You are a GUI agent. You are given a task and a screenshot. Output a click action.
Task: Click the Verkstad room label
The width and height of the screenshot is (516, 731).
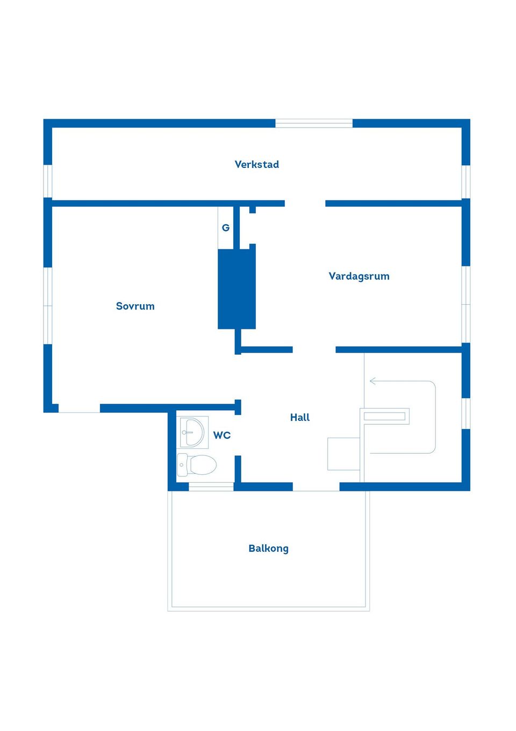click(257, 164)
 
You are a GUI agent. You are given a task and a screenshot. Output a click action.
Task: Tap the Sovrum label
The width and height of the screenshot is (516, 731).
click(135, 306)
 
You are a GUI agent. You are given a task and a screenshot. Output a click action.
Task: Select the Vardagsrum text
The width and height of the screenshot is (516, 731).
click(359, 276)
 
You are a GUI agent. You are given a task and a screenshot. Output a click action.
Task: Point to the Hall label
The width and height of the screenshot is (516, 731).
click(300, 417)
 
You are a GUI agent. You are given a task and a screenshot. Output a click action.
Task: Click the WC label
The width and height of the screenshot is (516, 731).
click(222, 435)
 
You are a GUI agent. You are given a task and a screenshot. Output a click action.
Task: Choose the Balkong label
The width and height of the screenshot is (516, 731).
click(268, 549)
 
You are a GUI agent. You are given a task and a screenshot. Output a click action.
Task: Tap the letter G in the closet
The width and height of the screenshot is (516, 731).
click(226, 228)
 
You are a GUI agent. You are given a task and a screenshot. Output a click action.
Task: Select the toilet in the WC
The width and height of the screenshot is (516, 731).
click(196, 465)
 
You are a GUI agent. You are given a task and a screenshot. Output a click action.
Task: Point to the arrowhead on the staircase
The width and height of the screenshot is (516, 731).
click(372, 381)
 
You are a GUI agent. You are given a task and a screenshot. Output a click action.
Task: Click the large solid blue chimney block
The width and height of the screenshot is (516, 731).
click(237, 289)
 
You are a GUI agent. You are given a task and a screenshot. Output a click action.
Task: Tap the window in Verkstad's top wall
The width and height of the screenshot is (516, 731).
click(314, 123)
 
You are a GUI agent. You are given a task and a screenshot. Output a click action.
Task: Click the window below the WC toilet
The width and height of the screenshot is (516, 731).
click(211, 487)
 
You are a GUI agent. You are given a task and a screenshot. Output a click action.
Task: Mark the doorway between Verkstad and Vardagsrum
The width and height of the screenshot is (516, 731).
click(305, 203)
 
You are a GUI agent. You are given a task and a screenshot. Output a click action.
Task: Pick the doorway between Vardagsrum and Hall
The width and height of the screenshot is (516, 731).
click(314, 349)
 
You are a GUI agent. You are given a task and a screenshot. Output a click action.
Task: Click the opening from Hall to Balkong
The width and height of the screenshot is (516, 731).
click(316, 487)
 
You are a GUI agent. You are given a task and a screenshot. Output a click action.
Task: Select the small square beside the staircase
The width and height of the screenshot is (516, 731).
click(343, 454)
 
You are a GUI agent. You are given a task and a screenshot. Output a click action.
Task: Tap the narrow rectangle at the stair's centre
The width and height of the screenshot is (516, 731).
click(384, 416)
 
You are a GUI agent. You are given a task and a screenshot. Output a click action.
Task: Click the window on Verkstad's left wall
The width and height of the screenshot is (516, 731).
click(48, 181)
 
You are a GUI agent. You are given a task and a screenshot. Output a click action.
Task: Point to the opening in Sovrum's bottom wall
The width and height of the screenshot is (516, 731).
click(79, 408)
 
